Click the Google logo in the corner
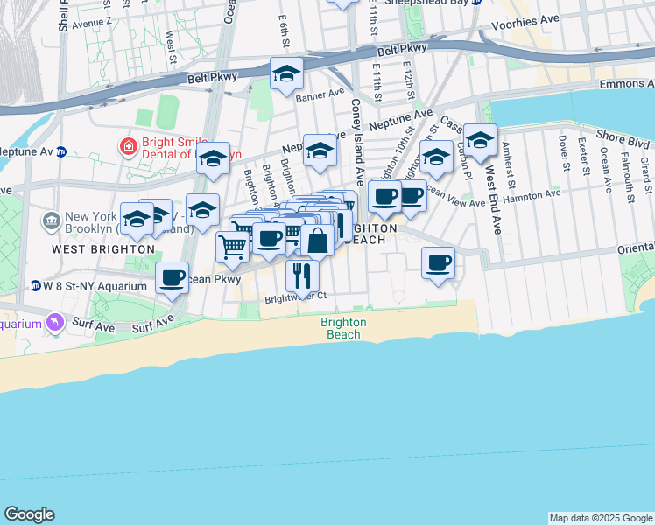coord(30,514)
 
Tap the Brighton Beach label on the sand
coord(343,328)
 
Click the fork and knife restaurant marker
coord(302,275)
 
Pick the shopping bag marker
coord(317,240)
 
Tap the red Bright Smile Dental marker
coord(128,145)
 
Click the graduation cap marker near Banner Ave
coord(286,75)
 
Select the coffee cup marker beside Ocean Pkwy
coord(173,277)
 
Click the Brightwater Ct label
coord(296,297)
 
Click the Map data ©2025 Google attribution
coord(601,518)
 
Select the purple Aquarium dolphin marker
coord(58,323)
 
